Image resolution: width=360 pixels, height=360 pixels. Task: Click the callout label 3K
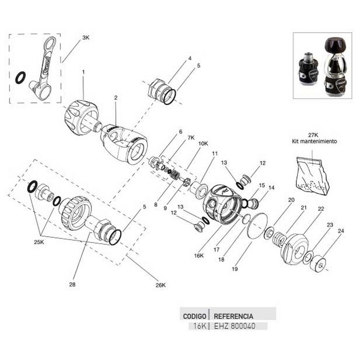tap(86, 37)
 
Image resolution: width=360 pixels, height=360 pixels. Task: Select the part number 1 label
tap(83, 72)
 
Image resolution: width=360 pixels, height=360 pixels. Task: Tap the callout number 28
tap(72, 284)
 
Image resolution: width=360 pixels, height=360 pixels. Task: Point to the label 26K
tap(161, 285)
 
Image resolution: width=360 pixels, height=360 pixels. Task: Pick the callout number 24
tap(341, 231)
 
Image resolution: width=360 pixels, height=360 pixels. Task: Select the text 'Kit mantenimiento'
tap(314, 141)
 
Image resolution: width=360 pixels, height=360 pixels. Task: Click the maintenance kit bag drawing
tap(312, 176)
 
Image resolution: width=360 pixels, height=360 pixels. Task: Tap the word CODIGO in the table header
tap(194, 316)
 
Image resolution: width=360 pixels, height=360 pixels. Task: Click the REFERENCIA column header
tap(233, 316)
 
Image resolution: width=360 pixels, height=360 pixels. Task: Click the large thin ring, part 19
tap(258, 225)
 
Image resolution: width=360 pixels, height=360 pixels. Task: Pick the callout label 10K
tap(203, 143)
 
